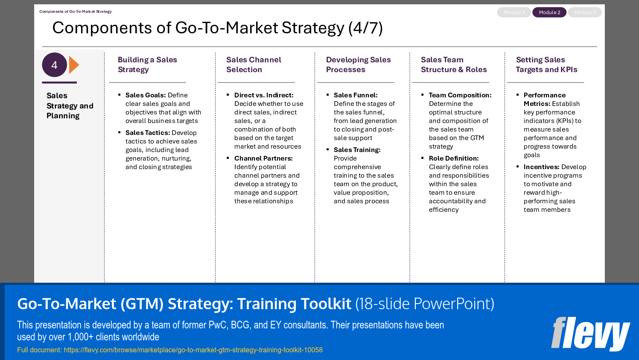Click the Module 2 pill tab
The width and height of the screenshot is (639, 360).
[549, 12]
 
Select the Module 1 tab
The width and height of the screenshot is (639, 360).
[514, 12]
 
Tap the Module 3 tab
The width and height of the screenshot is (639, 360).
[585, 12]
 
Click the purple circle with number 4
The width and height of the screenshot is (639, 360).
[55, 65]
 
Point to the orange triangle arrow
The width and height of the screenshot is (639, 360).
[74, 65]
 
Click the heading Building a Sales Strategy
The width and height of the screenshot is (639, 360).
[147, 64]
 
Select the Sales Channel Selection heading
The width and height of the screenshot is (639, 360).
[254, 64]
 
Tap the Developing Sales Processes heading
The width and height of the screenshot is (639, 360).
[358, 64]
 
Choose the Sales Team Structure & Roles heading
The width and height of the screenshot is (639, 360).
[454, 64]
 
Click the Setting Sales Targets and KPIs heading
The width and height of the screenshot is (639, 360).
[546, 64]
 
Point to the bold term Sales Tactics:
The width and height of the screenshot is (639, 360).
[148, 133]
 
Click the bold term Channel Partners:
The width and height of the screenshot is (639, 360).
[263, 158]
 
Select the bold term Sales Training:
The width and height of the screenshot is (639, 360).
[357, 150]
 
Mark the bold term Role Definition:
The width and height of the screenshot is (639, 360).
[454, 158]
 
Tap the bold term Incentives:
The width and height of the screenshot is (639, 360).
[541, 167]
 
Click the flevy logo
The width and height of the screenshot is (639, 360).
[590, 334]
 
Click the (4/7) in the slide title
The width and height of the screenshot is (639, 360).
[365, 28]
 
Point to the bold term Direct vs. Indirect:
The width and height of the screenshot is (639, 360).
[264, 95]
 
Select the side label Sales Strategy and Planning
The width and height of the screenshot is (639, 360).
[70, 105]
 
